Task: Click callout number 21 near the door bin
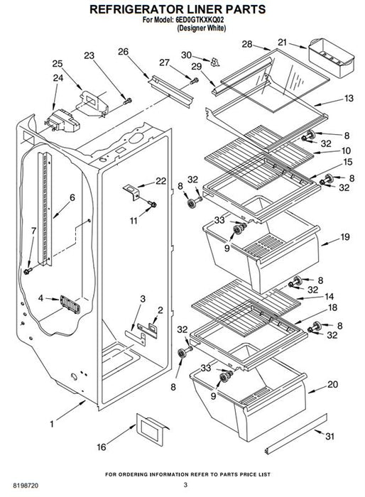point(282,43)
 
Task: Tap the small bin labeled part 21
point(331,58)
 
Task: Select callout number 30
point(187,55)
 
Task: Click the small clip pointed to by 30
point(215,62)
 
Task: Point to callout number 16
point(102,447)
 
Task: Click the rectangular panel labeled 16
point(151,429)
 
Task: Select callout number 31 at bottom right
point(329,437)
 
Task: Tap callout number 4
point(40,298)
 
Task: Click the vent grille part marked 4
point(70,305)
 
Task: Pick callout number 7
point(33,231)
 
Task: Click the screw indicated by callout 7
point(28,271)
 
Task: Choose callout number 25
point(58,64)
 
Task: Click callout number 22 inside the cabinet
point(160,180)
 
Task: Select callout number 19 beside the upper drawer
point(345,236)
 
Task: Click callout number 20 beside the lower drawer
point(332,384)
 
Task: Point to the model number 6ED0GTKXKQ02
point(200,20)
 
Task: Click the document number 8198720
point(26,486)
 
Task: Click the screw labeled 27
point(194,81)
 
